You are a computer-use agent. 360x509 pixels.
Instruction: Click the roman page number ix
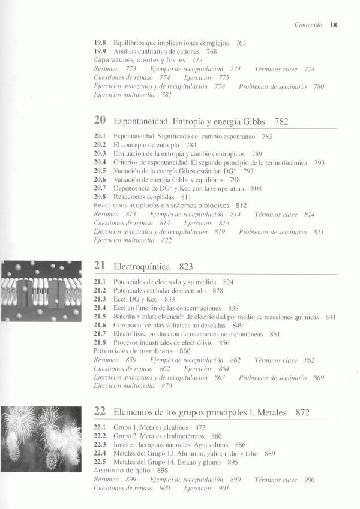(334, 25)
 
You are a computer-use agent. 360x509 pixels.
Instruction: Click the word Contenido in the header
(308, 25)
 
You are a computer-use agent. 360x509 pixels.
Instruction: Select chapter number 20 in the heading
(100, 121)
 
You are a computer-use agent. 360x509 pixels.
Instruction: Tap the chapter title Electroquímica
(142, 266)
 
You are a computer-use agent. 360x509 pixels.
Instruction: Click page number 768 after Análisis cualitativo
(212, 52)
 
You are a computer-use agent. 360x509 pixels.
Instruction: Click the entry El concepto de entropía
(146, 145)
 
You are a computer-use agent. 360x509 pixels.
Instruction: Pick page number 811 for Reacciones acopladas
(186, 197)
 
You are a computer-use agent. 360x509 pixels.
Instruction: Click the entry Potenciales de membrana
(134, 351)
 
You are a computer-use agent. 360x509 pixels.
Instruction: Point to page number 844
(330, 317)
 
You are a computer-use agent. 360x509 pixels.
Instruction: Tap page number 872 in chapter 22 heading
(303, 412)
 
